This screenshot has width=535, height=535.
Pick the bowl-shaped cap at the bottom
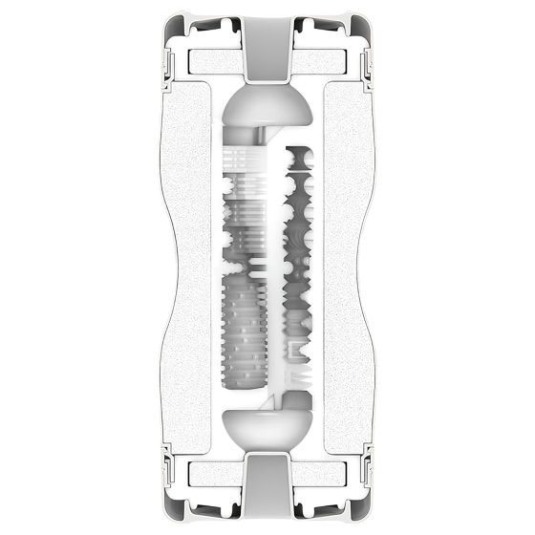[x=267, y=429]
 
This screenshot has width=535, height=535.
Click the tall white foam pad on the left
[x=189, y=267]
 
